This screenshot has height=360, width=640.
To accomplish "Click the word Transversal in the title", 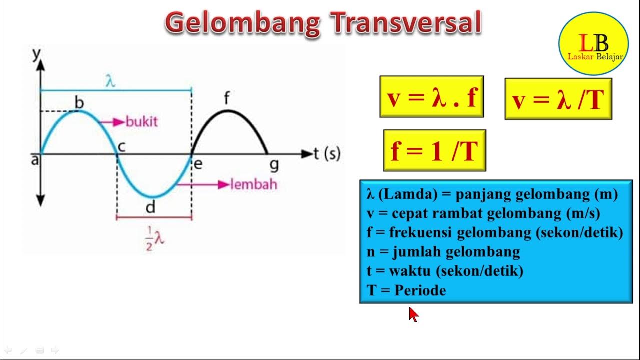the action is (x=406, y=22).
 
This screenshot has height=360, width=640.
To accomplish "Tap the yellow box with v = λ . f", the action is (x=432, y=97).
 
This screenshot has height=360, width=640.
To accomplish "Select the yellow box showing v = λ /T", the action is (x=558, y=99).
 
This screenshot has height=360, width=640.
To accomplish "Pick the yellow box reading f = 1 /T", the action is (x=435, y=150).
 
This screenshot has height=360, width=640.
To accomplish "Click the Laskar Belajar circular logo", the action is (x=593, y=43).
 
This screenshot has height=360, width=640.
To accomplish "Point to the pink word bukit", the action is (x=141, y=122).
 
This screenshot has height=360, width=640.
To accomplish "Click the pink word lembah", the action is (x=253, y=184).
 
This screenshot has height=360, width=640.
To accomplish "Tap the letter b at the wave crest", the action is (x=79, y=102).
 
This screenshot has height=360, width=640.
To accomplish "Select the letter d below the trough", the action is (x=151, y=207).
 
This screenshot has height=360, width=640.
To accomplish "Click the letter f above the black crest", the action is (x=227, y=98).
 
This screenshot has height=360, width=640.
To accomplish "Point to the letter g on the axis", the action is (x=274, y=165).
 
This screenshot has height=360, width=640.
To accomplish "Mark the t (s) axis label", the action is (x=327, y=153).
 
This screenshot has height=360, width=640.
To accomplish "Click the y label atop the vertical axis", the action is (x=37, y=54).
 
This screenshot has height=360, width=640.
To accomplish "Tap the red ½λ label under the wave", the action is (x=154, y=238).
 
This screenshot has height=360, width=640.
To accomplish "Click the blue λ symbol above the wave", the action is (x=110, y=81).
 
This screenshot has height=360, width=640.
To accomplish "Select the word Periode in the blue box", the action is (x=420, y=290).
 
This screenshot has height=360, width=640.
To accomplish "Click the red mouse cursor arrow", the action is (x=413, y=314).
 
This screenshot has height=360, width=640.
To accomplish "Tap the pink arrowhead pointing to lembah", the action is (x=223, y=185).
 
